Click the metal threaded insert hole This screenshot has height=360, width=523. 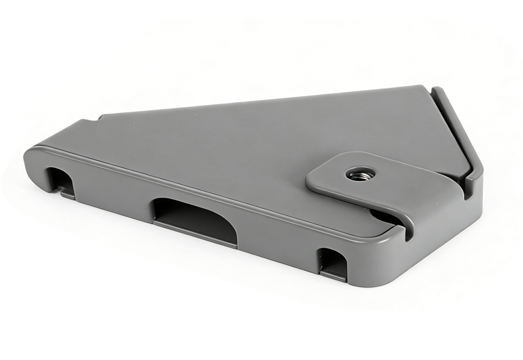click(x=357, y=174)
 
